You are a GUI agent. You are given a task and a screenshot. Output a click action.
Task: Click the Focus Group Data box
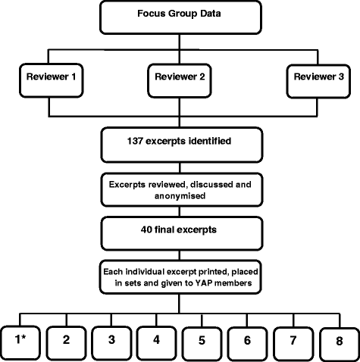coord(180,16)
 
